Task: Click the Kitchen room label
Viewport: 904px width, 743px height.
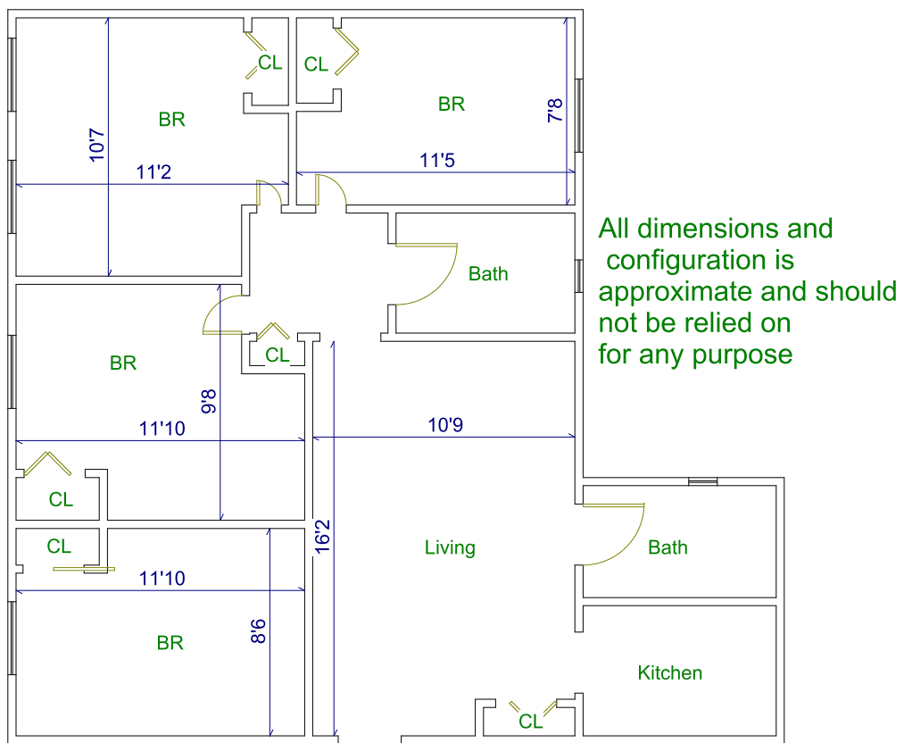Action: (670, 672)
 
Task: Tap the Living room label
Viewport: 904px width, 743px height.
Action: (450, 547)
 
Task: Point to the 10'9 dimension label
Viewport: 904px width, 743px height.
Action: (445, 425)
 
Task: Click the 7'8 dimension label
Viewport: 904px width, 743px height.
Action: (555, 111)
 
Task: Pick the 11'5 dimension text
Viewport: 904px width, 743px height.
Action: (438, 161)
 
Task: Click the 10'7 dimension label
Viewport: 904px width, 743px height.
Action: (97, 146)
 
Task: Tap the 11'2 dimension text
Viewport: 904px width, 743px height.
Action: (153, 172)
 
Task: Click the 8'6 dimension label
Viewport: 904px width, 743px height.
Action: (258, 628)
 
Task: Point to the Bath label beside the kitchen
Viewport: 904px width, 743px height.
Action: (668, 547)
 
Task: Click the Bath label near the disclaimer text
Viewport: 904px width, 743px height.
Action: (488, 273)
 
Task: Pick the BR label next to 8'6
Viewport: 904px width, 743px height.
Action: (170, 643)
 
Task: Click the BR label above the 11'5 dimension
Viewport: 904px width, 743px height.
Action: (452, 104)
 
